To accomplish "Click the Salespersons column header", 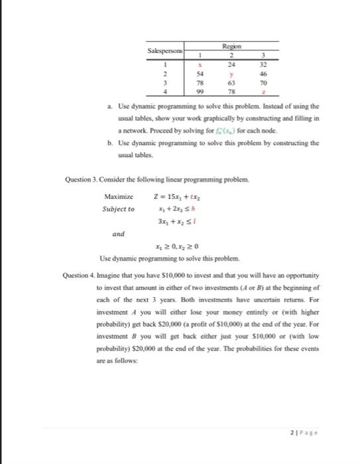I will coord(166,50).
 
